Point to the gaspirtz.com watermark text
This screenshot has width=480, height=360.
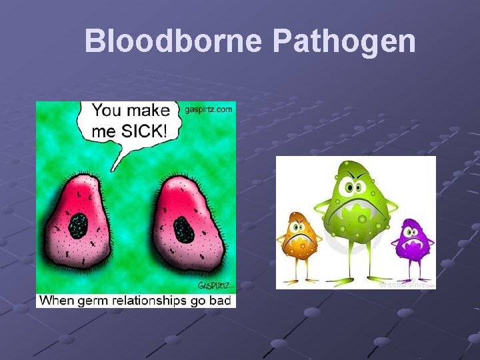pyautogui.click(x=208, y=109)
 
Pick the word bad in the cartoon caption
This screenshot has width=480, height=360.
pyautogui.click(x=220, y=301)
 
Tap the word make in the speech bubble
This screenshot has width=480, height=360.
pyautogui.click(x=153, y=110)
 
